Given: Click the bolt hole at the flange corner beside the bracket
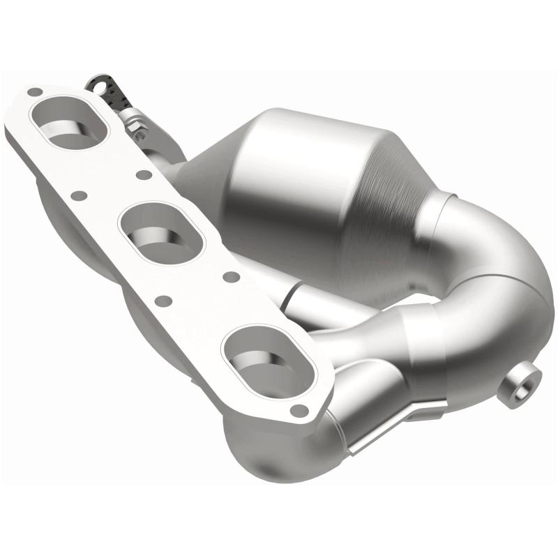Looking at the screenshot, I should point(33,91).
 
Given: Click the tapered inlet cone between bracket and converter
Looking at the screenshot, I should point(202,167).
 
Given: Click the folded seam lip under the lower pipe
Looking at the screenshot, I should point(391,432).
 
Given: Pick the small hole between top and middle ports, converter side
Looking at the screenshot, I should point(143,174).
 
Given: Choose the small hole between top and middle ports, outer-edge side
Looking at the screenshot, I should point(79,196).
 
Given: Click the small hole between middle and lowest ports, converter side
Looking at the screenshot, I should point(229,277).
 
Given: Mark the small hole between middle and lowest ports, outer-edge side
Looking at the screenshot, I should point(163,301).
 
